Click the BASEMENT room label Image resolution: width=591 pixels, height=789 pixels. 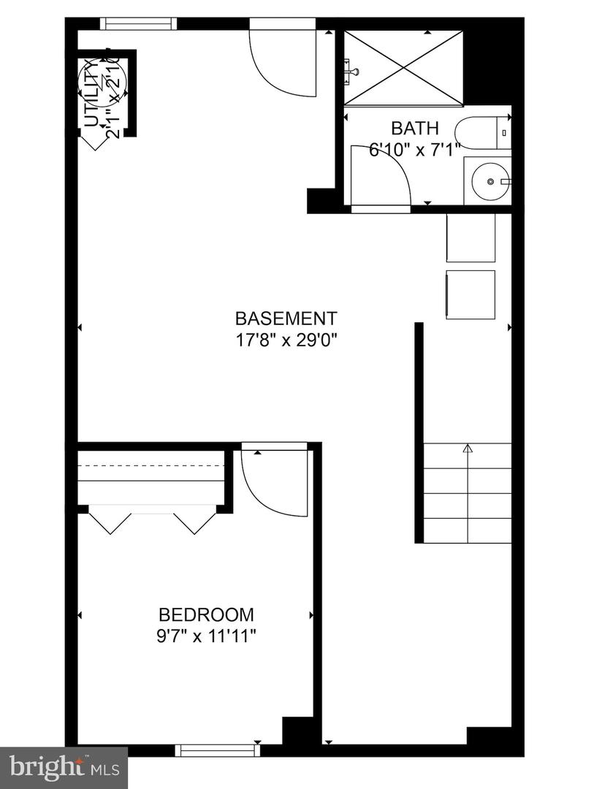point(286,319)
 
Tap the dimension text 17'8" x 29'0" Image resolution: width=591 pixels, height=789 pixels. point(286,340)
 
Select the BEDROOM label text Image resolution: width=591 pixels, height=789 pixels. point(207,614)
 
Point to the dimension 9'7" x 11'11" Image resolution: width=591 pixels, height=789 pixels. point(207,636)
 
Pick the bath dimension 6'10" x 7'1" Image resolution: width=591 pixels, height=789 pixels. point(414,150)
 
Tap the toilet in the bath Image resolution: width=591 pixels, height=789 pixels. point(482,133)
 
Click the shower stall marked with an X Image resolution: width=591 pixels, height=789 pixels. point(404,67)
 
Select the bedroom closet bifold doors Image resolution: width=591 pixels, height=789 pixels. point(152,519)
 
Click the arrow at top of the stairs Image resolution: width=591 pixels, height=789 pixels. point(468,449)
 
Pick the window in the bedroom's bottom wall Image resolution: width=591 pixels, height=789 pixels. point(218,750)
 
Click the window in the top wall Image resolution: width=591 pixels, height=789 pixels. point(139,24)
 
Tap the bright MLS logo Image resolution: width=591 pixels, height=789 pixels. point(64,768)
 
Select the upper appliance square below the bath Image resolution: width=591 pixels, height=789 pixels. point(470,237)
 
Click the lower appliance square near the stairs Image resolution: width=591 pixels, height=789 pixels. point(470,294)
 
